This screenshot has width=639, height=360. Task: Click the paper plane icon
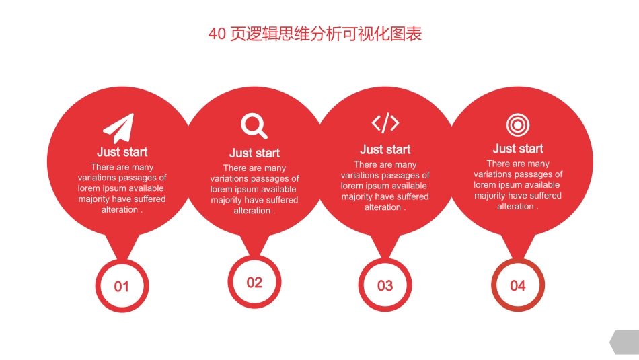click(x=119, y=128)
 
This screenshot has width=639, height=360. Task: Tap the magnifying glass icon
click(x=254, y=126)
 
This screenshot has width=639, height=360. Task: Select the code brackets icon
click(x=385, y=123)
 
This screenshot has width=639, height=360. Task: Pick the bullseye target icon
click(x=518, y=124)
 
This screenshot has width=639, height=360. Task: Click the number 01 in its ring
click(x=121, y=287)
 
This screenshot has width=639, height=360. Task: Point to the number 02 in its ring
click(x=254, y=283)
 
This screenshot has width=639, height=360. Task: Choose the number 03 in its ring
click(x=385, y=286)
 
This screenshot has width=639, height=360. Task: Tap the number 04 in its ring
click(x=518, y=285)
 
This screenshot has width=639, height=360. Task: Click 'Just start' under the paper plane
click(x=122, y=152)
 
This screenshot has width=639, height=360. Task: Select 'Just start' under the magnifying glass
click(x=254, y=153)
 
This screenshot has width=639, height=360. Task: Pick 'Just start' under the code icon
click(x=385, y=149)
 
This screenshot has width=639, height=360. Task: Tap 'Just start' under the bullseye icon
click(x=518, y=149)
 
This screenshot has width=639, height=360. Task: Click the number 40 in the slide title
click(x=217, y=34)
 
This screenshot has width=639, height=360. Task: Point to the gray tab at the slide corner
click(x=625, y=343)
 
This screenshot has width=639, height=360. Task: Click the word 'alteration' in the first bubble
click(x=119, y=210)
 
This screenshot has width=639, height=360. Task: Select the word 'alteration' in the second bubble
click(x=252, y=211)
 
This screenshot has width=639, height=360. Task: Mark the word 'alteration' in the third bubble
click(x=382, y=207)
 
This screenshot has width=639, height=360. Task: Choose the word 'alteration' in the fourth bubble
click(x=515, y=207)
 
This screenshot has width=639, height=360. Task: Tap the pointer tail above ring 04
click(x=518, y=247)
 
